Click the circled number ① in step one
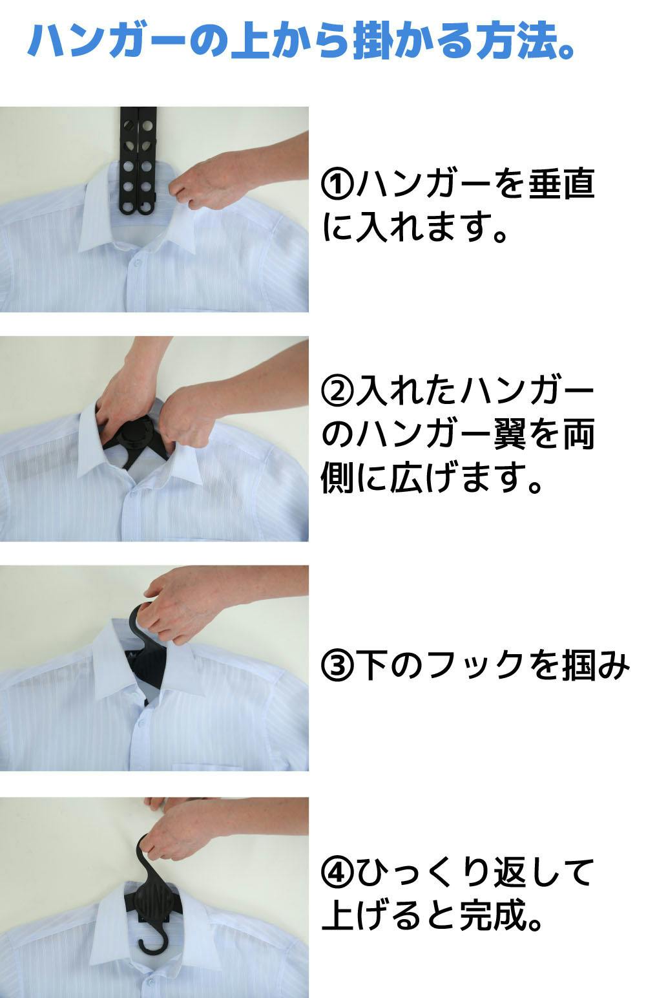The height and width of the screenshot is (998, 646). [337, 184]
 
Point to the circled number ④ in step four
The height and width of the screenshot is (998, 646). [337, 871]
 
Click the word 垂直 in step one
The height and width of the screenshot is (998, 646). [561, 184]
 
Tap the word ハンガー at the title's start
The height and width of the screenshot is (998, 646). [107, 41]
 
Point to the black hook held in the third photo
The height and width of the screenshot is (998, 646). [143, 624]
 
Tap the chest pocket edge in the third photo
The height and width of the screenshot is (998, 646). [240, 765]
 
